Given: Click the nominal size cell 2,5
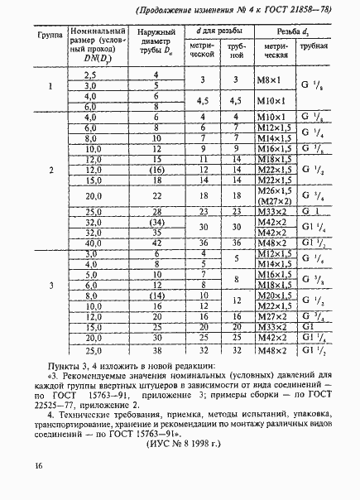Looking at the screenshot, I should pos(91,75).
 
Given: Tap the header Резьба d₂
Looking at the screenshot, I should pos(295,31).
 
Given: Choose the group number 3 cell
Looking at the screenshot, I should pos(51,286).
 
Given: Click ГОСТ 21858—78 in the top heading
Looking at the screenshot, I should pos(298,9).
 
